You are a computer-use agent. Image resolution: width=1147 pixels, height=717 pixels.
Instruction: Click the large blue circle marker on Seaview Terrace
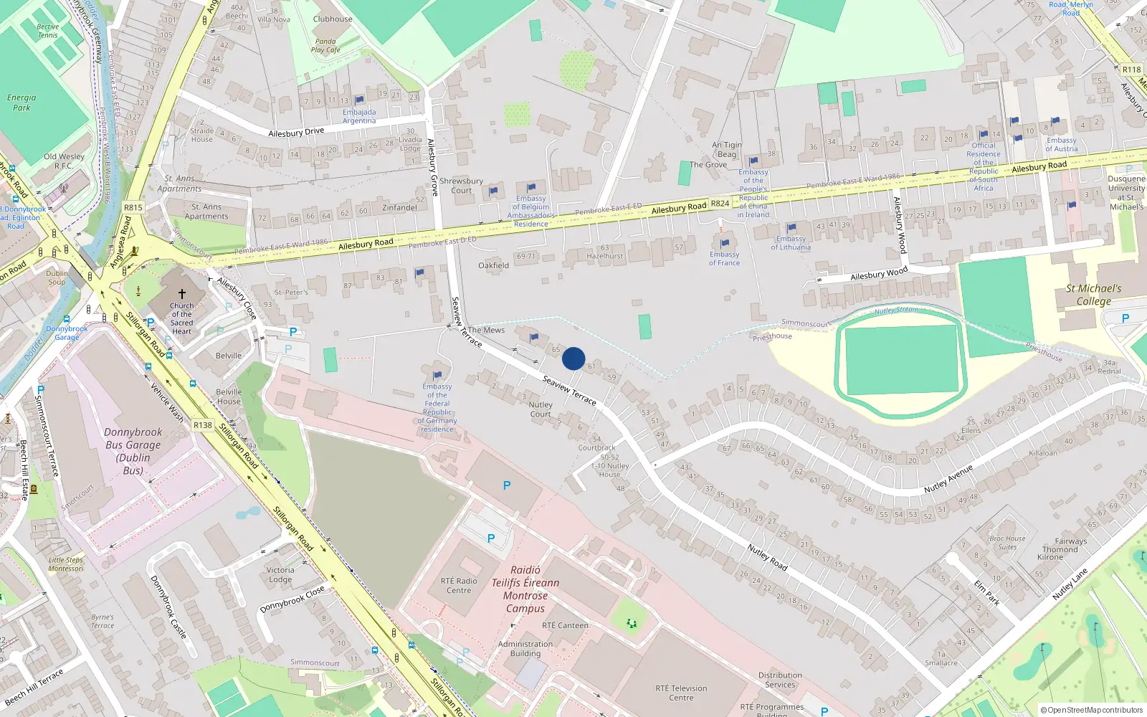click(x=573, y=358)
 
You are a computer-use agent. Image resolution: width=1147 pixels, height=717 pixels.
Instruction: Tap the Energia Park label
click(x=22, y=103)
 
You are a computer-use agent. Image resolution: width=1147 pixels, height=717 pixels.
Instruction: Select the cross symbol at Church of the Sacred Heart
click(x=182, y=294)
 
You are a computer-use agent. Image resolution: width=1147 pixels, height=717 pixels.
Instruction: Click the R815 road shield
click(x=133, y=207)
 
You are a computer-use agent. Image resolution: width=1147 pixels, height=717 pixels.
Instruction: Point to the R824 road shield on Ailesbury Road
click(x=720, y=204)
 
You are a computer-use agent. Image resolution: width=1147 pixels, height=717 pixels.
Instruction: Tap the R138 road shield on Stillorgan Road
click(x=203, y=424)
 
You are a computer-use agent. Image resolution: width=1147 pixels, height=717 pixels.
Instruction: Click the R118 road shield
click(x=1131, y=70)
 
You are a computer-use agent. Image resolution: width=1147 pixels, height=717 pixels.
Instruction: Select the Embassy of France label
click(x=724, y=258)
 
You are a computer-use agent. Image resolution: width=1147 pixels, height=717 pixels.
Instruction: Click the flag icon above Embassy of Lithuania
click(x=791, y=228)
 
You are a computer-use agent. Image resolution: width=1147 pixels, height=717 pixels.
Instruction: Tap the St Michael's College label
click(x=1093, y=294)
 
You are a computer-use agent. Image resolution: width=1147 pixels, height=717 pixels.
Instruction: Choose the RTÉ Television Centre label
click(x=681, y=693)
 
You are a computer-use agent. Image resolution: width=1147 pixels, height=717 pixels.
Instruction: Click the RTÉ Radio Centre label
click(x=459, y=586)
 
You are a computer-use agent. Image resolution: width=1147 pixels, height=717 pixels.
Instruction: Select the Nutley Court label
click(x=541, y=409)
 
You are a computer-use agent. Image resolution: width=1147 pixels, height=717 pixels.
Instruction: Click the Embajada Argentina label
click(x=359, y=116)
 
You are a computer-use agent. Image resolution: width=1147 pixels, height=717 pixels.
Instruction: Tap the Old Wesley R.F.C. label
click(x=64, y=161)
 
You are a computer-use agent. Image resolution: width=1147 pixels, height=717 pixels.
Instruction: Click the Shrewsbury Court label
click(x=461, y=186)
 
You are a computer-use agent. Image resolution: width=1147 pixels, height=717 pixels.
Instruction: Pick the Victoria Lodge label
click(x=280, y=574)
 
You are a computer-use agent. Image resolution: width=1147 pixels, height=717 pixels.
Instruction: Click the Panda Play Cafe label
click(x=325, y=45)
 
